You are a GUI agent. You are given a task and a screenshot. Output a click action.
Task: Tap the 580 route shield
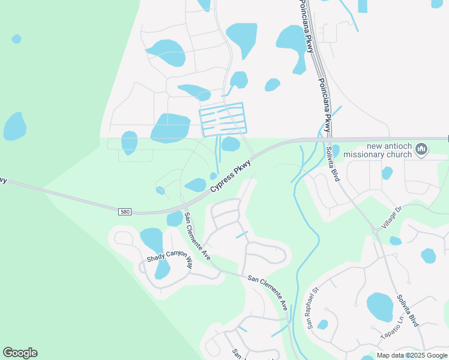coord(125,212)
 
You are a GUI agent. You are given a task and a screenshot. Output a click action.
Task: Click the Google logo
coord(20,353)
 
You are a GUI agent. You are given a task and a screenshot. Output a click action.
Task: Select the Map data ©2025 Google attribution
coord(411,355)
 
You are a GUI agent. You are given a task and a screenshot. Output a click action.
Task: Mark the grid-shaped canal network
coord(222,119)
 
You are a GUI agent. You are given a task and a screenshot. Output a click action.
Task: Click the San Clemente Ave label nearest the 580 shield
coord(197,236)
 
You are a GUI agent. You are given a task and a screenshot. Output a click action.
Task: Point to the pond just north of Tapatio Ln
coord(381,307)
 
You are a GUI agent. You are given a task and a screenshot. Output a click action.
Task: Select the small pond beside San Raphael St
coord(323,325)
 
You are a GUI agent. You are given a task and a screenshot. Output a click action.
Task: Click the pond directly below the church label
coord(387,173)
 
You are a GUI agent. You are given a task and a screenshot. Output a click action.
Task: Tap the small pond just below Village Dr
coord(395,241)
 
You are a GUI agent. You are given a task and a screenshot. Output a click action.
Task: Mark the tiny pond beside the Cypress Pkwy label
coord(213,175)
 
